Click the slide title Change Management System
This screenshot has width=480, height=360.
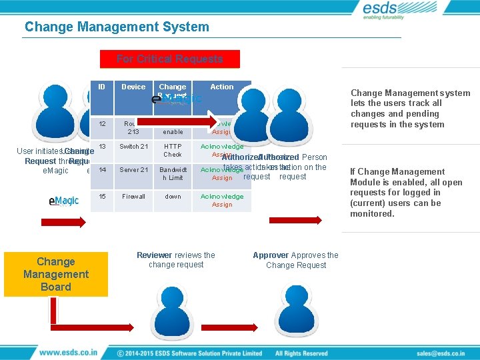[117, 27]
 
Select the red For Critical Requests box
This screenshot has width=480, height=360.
[169, 59]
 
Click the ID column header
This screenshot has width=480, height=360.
[101, 87]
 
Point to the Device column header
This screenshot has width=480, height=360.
[133, 87]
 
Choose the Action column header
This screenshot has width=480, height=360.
[222, 87]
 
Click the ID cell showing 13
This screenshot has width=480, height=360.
[102, 147]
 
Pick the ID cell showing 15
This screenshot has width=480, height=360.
[102, 197]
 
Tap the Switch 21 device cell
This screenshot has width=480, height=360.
[133, 147]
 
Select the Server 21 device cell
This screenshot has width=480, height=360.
[133, 170]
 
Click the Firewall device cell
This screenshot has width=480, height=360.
[133, 197]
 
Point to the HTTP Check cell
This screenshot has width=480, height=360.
[173, 150]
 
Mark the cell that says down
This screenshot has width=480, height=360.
[173, 197]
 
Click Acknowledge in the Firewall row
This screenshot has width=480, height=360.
[222, 197]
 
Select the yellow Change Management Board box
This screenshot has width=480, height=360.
[56, 274]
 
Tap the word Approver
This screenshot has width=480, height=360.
[271, 255]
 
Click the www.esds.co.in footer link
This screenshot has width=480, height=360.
[68, 353]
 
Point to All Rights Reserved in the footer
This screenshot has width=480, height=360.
[301, 353]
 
